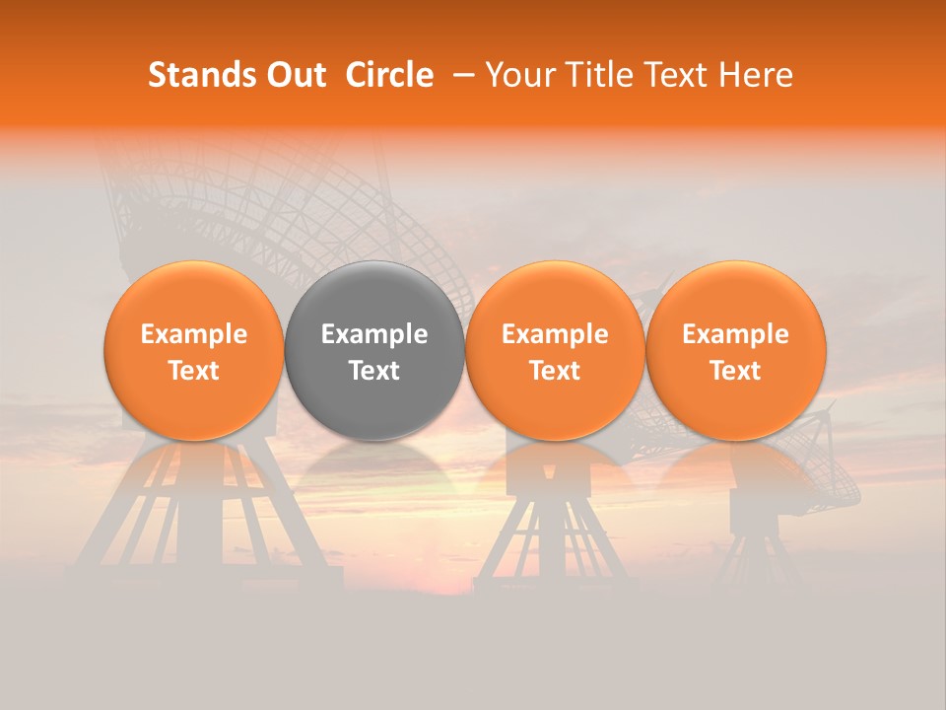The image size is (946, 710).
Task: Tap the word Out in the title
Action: point(295,75)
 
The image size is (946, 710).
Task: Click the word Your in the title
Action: point(518,75)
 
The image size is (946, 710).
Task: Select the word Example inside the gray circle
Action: point(374,335)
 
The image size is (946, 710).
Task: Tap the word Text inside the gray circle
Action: point(374,371)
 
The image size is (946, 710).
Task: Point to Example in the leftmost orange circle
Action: point(194,335)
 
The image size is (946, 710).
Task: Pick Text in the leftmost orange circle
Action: point(194,371)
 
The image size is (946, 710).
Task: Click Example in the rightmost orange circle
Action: point(736,335)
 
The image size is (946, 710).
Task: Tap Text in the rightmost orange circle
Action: point(736,371)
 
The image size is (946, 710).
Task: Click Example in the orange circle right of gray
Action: point(555,335)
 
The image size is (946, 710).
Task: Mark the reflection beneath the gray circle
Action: point(374,468)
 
